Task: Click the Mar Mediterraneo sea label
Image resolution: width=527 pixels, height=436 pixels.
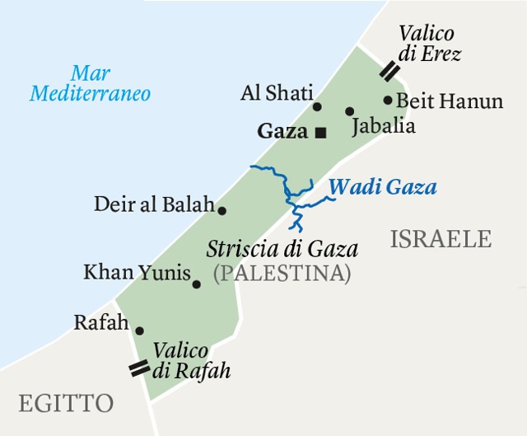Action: [x=91, y=83]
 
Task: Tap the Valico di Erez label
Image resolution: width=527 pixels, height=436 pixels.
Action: [x=429, y=45]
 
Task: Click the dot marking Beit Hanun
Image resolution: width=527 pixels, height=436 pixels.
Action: [x=388, y=101]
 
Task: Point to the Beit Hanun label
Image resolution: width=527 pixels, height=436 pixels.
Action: [x=450, y=101]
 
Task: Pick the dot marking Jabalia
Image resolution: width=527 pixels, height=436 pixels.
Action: [x=349, y=111]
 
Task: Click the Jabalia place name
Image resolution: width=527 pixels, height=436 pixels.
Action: [x=383, y=127]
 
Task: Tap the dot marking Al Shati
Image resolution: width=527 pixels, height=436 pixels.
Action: [x=317, y=106]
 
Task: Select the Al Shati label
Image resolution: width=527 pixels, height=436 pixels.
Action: [x=277, y=94]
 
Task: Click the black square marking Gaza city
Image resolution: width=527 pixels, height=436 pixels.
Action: [x=321, y=131]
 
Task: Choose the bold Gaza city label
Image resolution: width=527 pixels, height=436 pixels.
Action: [x=282, y=131]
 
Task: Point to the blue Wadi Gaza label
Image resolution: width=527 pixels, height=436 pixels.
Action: [x=383, y=187]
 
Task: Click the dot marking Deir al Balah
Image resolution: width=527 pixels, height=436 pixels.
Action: [x=222, y=210]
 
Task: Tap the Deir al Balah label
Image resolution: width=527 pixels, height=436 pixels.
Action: [x=154, y=204]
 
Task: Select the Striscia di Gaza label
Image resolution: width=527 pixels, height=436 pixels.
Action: [x=282, y=248]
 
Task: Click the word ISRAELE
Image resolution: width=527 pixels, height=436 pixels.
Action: [x=441, y=239]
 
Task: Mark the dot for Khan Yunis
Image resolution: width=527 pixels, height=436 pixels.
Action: [x=196, y=284]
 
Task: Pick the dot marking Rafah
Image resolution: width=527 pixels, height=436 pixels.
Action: [x=139, y=331]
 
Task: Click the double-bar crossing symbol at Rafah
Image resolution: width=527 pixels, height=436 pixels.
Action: [x=140, y=368]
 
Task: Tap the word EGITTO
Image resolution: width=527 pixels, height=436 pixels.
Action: [x=66, y=403]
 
